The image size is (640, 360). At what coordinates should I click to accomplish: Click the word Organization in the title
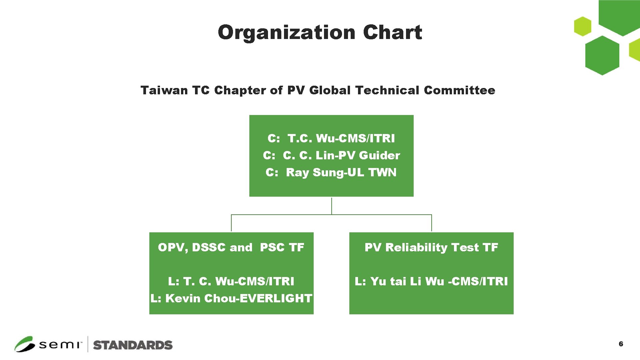click(286, 32)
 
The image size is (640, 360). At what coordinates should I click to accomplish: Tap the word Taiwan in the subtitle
click(164, 90)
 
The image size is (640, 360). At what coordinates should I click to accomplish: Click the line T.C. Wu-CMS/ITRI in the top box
click(341, 138)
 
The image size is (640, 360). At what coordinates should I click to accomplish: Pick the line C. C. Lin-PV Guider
click(341, 155)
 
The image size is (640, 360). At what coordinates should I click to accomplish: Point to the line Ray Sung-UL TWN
click(341, 172)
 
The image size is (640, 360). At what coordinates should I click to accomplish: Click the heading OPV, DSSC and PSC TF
click(231, 247)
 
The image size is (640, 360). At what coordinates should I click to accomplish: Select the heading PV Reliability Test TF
click(431, 247)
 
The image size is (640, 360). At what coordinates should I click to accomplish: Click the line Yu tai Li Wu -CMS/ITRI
click(439, 281)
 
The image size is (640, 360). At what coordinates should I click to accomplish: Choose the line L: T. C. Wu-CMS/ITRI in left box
click(231, 281)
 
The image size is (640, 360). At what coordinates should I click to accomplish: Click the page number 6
click(621, 344)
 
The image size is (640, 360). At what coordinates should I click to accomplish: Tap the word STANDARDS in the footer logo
click(133, 345)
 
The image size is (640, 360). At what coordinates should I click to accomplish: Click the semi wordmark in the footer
click(60, 345)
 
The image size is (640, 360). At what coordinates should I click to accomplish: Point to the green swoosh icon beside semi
click(24, 344)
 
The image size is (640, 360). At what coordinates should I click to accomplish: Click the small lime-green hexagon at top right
click(582, 26)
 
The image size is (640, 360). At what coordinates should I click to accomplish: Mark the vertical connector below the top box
click(331, 206)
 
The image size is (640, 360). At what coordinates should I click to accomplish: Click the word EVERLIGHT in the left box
click(276, 298)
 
